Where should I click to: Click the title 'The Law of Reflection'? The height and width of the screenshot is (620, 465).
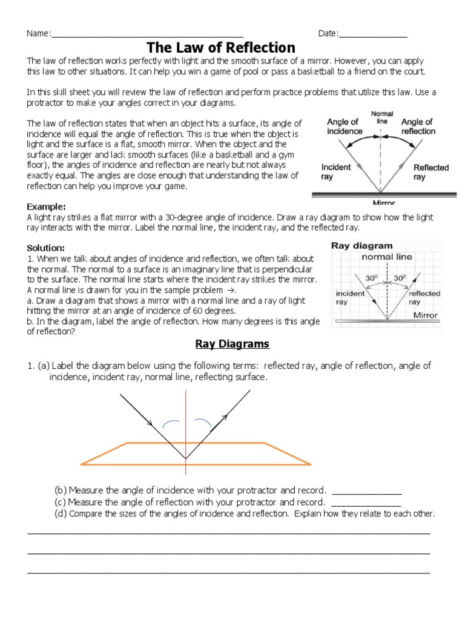(222, 47)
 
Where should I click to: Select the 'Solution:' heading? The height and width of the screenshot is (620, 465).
(46, 248)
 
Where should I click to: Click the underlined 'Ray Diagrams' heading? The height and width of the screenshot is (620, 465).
(232, 344)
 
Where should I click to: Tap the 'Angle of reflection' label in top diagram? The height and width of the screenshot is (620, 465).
(418, 127)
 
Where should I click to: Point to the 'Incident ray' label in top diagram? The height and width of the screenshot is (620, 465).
(335, 172)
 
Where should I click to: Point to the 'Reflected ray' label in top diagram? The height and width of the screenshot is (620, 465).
(430, 173)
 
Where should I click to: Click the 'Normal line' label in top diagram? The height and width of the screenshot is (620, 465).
(382, 117)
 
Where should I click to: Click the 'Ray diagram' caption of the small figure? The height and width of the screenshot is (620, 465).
(361, 246)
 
